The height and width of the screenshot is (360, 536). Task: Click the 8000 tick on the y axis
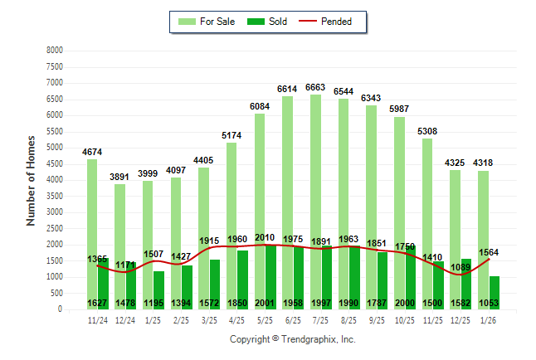(x=55, y=51)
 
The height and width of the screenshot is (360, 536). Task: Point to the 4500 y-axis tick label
(x=55, y=164)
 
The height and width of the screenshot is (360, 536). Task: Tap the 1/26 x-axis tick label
(x=489, y=319)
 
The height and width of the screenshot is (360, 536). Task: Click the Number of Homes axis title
(x=31, y=180)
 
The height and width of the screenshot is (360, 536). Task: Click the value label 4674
(x=92, y=152)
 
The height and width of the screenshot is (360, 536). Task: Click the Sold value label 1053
(x=489, y=304)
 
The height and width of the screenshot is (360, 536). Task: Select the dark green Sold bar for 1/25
(x=159, y=290)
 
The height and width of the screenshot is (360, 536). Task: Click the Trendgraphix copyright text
(x=292, y=339)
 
